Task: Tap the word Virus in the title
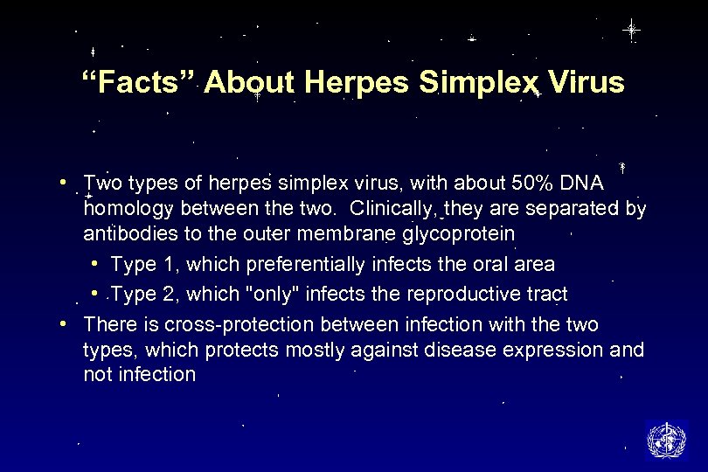[585, 83]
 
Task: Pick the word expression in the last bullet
[541, 350]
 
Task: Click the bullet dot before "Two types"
[66, 183]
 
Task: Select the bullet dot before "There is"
[66, 324]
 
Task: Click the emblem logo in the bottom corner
[666, 439]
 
